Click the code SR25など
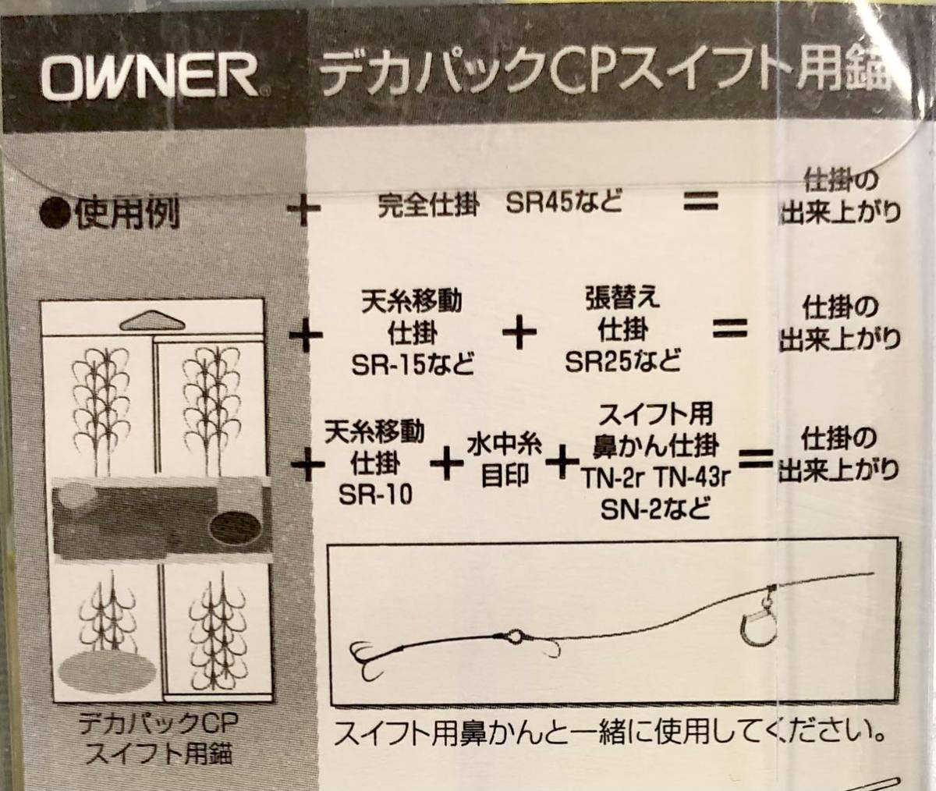(x=623, y=360)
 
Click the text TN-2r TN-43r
(x=653, y=479)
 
